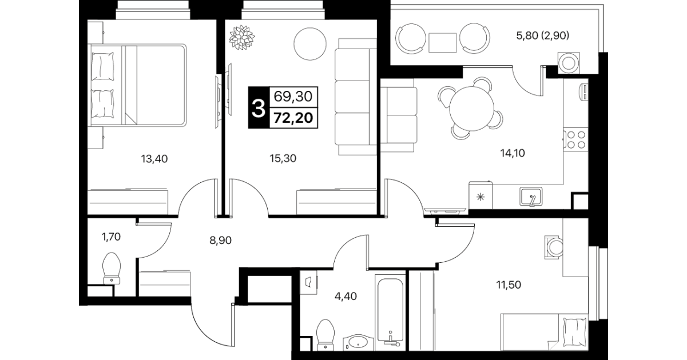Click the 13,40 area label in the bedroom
pos(154,159)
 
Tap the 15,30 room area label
pos(283,158)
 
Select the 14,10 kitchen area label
pos(513,153)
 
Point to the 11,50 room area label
pos(509,285)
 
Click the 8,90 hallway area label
pos(220,240)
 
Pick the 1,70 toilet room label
pos(111,237)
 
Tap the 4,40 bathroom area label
pos(346,296)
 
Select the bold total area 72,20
pos(293,118)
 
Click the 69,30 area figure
pos(293,97)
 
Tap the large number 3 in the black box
pos(258,109)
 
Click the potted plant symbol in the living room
pos(242,37)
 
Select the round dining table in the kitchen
pos(472,109)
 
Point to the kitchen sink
pos(531,197)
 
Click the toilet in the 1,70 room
pos(112,269)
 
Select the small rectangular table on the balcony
pos(442,43)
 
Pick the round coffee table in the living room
pos(310,44)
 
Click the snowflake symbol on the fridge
pos(480,197)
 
